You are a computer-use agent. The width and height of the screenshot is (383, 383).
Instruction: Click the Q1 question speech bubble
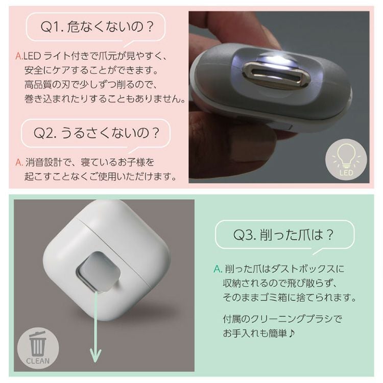click(96, 27)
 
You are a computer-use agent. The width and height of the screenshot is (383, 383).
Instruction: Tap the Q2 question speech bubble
click(96, 133)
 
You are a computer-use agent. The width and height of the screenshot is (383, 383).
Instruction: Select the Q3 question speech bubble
click(284, 235)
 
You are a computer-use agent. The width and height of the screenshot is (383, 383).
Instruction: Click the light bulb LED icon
click(346, 159)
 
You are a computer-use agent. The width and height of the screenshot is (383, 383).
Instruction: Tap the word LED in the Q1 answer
click(32, 56)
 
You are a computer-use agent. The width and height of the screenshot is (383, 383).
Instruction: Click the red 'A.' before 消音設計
click(19, 162)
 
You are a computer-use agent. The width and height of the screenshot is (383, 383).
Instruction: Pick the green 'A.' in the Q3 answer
click(218, 269)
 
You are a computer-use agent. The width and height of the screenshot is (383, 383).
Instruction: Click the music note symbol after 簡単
click(292, 333)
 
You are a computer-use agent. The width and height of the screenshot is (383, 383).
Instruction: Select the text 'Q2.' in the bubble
click(45, 133)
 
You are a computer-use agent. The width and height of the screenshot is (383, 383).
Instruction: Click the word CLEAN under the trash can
click(38, 361)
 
